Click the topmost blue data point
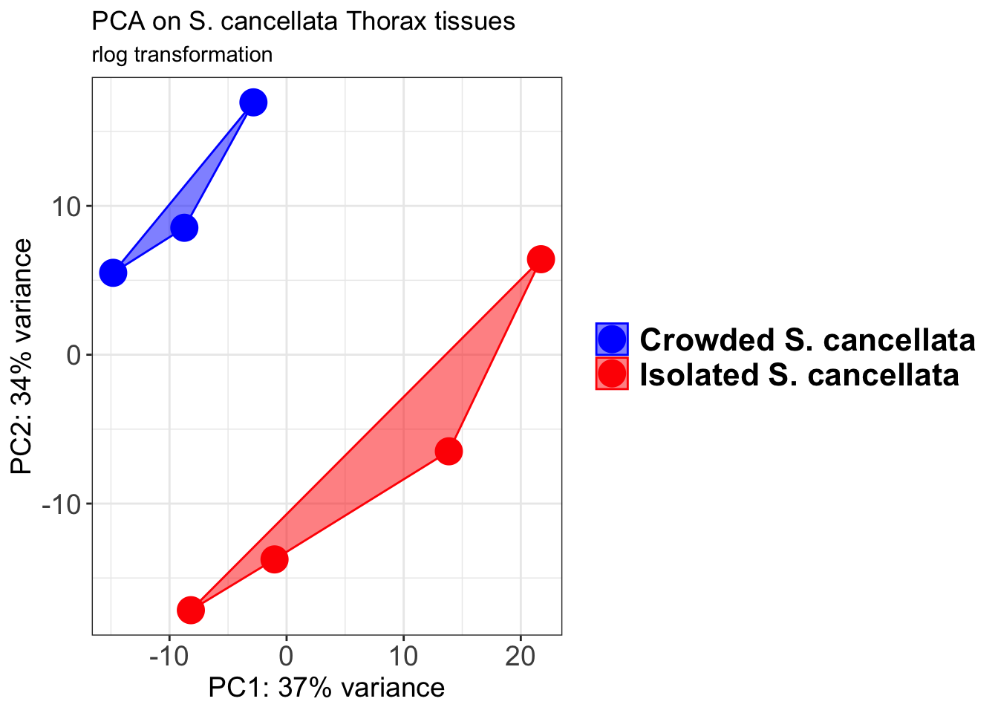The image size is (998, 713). (x=253, y=102)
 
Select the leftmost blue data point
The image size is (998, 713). (x=113, y=273)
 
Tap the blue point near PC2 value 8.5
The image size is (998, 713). (x=184, y=228)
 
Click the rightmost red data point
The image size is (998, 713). (x=541, y=259)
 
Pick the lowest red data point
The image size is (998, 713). (x=191, y=611)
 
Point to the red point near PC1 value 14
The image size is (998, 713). (x=449, y=451)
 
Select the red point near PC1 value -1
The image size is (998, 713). (x=274, y=559)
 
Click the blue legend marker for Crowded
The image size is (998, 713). (x=612, y=339)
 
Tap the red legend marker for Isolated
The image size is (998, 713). (x=612, y=374)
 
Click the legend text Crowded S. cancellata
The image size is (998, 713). (x=807, y=339)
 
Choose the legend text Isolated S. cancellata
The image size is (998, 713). (x=799, y=374)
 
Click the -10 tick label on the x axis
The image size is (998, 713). (x=169, y=657)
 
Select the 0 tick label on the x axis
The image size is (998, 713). (x=286, y=657)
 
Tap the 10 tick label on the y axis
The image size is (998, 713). (x=66, y=206)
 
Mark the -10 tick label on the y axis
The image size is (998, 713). (x=62, y=504)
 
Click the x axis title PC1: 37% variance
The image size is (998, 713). (x=327, y=688)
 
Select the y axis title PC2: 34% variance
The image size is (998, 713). (x=22, y=356)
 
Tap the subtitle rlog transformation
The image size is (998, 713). (x=182, y=55)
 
